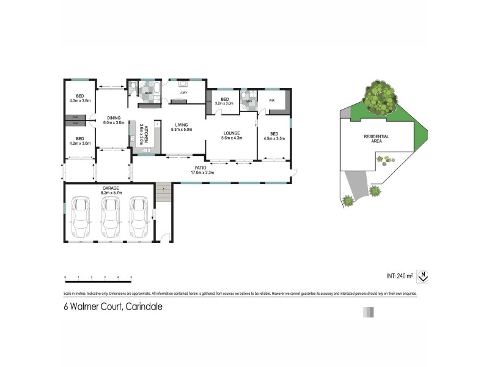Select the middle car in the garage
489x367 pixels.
[x=111, y=218]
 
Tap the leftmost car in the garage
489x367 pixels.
[x=82, y=218]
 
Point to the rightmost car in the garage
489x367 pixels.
[x=139, y=218]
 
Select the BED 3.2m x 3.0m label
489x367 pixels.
[x=224, y=101]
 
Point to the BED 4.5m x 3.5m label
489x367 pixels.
[x=274, y=136]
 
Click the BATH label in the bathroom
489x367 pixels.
[x=148, y=93]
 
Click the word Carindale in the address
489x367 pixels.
[x=145, y=308]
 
